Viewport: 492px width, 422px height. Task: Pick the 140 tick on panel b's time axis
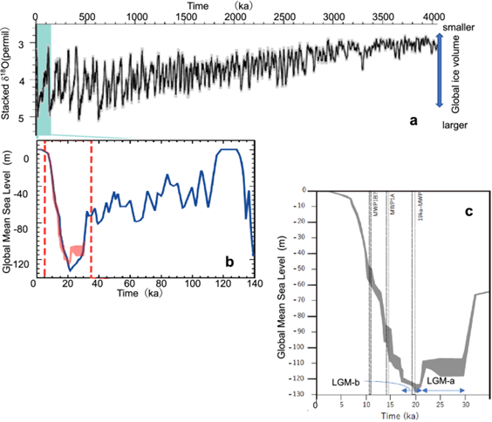click(253, 284)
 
